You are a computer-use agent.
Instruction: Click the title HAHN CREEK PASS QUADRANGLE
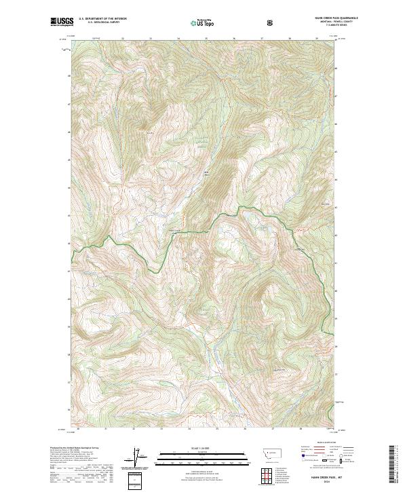(x=317, y=18)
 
